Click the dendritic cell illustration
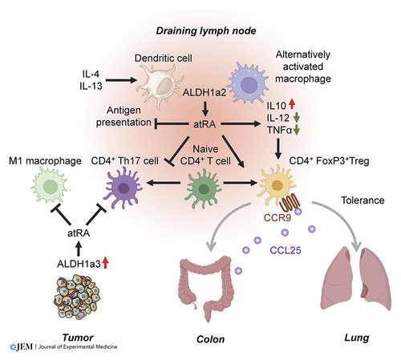coord(160,86)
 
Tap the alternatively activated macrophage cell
coord(249,83)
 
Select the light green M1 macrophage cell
coord(50,185)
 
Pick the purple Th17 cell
coord(124,188)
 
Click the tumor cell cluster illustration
coord(78,297)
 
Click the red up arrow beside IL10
coord(292,104)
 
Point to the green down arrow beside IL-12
coord(297,118)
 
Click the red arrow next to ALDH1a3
coord(106,262)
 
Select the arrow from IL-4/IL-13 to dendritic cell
coord(121,79)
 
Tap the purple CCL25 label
coord(286,250)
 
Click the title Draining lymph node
coord(206,31)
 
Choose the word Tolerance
coord(363,200)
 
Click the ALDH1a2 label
coord(205,92)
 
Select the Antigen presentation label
coord(124,116)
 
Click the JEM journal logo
coord(63,346)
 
